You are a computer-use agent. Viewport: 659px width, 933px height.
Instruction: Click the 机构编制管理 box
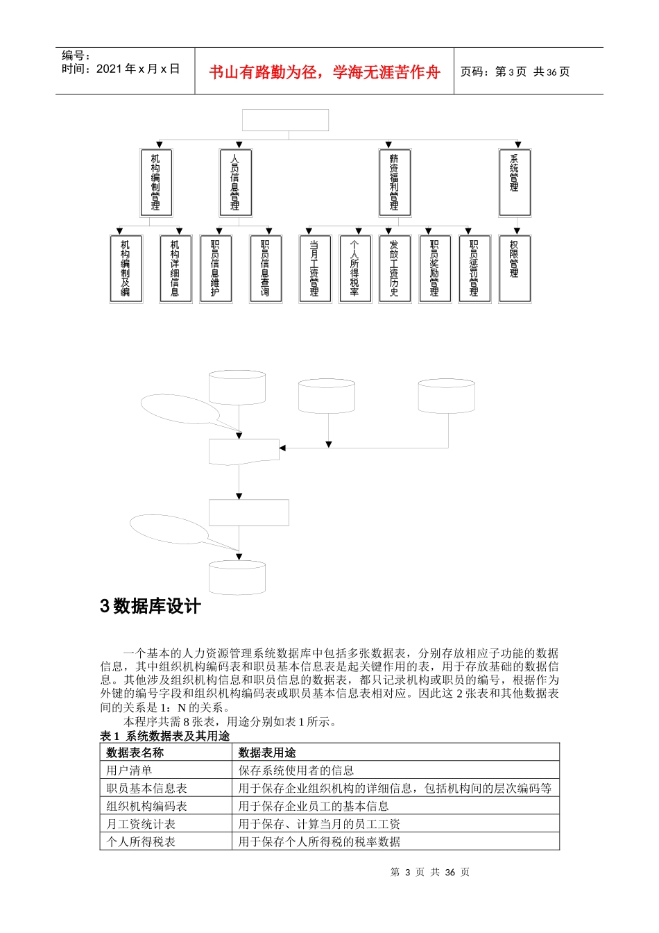click(155, 183)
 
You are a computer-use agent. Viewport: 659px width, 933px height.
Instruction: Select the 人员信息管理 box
click(235, 183)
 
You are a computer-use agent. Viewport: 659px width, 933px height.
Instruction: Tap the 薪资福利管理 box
click(395, 183)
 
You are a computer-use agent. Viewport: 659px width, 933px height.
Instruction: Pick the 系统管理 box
click(515, 183)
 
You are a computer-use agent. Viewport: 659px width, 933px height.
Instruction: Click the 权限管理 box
click(515, 269)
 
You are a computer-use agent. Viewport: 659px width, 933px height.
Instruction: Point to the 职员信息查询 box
click(266, 269)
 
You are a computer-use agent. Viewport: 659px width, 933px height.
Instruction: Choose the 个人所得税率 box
click(355, 269)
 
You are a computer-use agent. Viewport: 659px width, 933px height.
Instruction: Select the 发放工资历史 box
click(395, 269)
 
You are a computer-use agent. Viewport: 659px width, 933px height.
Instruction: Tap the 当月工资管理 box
click(315, 269)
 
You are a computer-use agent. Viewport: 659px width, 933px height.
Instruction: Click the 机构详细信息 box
click(176, 269)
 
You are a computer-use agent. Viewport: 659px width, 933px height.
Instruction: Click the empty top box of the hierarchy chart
click(285, 120)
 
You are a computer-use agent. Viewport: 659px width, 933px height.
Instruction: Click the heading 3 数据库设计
click(151, 606)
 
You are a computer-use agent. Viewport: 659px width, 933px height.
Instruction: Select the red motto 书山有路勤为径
click(325, 72)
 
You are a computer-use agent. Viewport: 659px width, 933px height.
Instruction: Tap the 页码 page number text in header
click(515, 72)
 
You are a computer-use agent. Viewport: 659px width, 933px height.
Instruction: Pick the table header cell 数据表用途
click(267, 753)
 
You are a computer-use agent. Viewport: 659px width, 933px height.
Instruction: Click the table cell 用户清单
click(129, 771)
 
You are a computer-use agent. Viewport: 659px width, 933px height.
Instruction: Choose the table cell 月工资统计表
click(141, 824)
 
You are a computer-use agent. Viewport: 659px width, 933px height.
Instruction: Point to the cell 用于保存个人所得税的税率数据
click(319, 842)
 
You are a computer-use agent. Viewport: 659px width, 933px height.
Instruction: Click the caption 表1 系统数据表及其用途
click(165, 736)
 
